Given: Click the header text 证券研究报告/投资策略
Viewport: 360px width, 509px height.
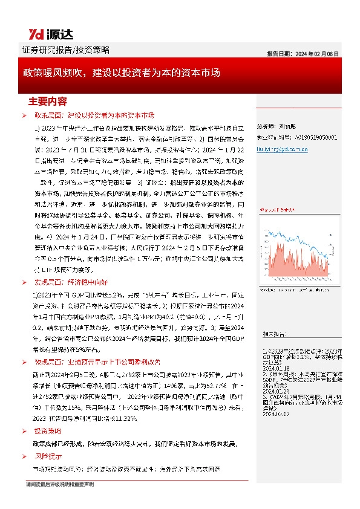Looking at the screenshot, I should pos(56,50).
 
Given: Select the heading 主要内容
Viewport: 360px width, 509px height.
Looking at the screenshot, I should pos(48,100).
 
